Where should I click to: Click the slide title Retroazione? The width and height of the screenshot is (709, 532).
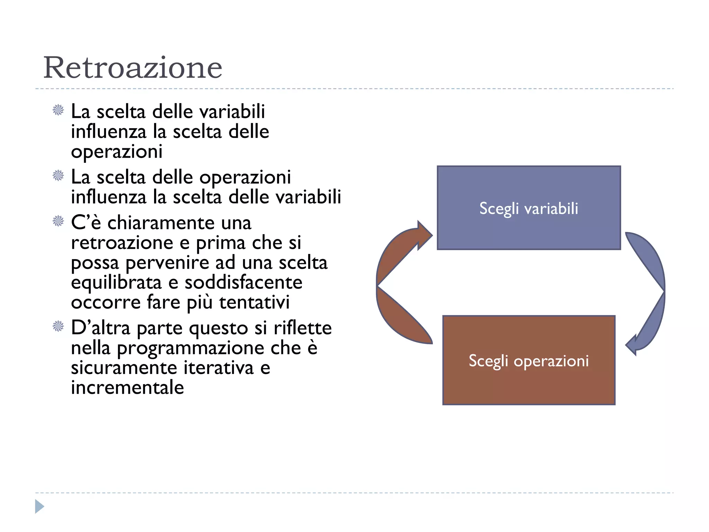[x=133, y=68]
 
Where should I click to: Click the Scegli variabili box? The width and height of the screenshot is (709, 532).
[x=529, y=208]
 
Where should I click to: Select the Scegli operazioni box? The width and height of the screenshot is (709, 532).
[x=529, y=360]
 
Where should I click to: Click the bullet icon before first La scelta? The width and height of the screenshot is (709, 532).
[x=58, y=110]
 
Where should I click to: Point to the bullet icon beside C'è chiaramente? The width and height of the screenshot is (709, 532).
[x=58, y=221]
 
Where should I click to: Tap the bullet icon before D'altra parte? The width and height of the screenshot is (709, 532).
[x=58, y=326]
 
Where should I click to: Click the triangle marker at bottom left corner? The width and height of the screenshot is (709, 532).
[x=39, y=506]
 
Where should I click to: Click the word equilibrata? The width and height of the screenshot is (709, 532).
[x=116, y=283]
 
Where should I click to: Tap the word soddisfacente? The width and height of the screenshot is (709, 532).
[x=243, y=283]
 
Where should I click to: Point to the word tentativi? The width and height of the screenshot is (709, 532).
[x=254, y=302]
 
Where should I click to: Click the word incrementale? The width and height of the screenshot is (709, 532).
[x=127, y=388]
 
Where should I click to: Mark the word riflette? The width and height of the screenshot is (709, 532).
[x=303, y=328]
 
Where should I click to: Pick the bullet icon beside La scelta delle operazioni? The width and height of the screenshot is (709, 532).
[x=58, y=176]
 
